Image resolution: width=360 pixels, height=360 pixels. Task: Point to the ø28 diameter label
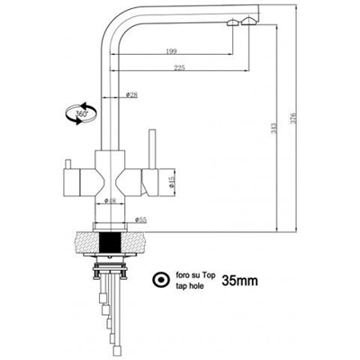tap(131, 94)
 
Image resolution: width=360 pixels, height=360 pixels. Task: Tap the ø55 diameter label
tap(141, 219)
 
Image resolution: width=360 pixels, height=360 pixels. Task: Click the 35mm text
tap(238, 281)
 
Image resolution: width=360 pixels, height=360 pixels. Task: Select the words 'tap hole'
tap(192, 286)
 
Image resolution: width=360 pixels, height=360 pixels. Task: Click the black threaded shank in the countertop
tap(112, 242)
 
